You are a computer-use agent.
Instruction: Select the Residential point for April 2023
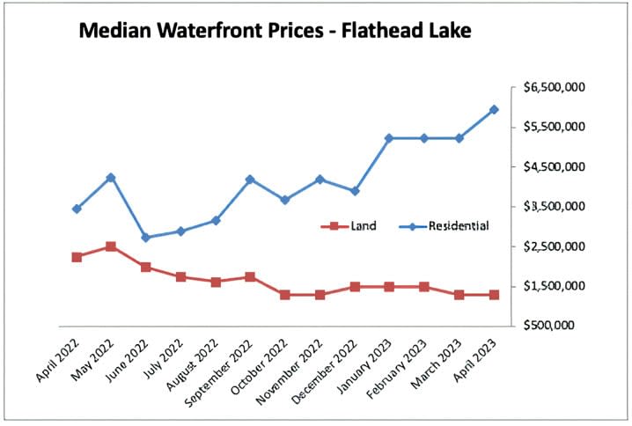494,110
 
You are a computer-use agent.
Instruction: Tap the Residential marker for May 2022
111,178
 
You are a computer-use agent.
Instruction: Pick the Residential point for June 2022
146,238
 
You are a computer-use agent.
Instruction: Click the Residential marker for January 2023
389,138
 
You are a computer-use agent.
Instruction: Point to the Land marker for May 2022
111,246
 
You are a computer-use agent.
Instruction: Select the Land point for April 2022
77,257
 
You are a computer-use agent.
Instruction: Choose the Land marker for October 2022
285,295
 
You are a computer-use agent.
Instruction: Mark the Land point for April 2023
494,295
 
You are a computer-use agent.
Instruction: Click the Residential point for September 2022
250,180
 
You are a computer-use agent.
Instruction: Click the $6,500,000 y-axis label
553,88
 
